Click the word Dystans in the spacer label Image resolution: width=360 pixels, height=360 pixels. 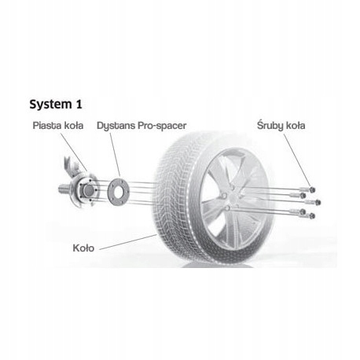click(x=116, y=125)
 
